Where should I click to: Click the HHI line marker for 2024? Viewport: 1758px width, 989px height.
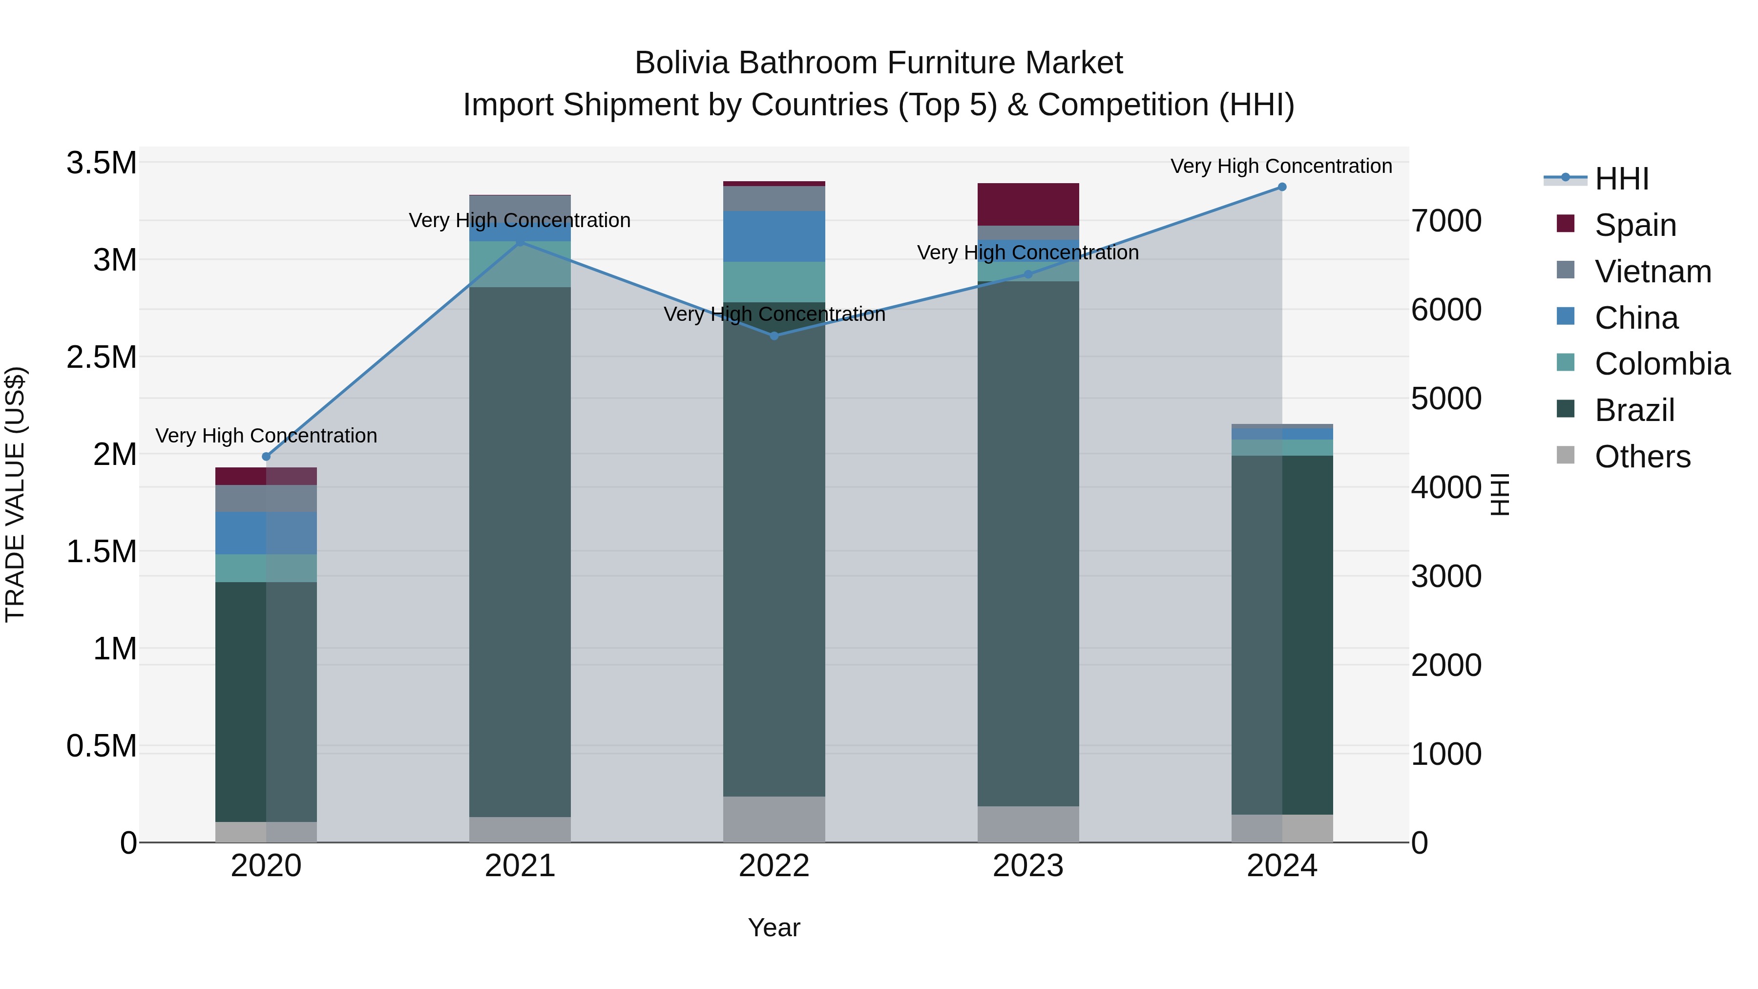click(x=1282, y=187)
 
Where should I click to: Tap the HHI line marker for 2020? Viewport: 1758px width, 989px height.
click(x=266, y=457)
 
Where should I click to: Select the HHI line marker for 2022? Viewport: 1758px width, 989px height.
click(x=774, y=336)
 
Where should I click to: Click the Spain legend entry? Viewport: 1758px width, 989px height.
click(x=1635, y=225)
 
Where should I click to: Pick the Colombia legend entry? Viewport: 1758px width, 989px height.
click(x=1662, y=364)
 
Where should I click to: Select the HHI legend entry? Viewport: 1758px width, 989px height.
click(x=1621, y=179)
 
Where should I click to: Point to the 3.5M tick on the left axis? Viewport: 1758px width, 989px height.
click(x=102, y=163)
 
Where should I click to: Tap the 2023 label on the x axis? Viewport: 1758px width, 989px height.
click(x=1028, y=866)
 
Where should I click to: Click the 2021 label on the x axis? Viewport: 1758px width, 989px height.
click(x=520, y=866)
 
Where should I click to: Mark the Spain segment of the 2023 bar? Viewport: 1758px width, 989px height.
click(x=1028, y=204)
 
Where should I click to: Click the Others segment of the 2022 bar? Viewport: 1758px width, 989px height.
click(x=774, y=819)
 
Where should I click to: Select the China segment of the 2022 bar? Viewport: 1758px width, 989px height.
click(x=774, y=236)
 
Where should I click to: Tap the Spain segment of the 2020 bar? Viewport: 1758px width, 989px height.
click(x=266, y=476)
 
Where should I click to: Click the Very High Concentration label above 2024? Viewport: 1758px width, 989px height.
click(x=1281, y=166)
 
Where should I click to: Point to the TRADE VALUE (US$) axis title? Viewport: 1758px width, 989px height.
click(x=15, y=494)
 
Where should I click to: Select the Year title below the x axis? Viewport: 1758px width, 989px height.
click(x=774, y=927)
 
